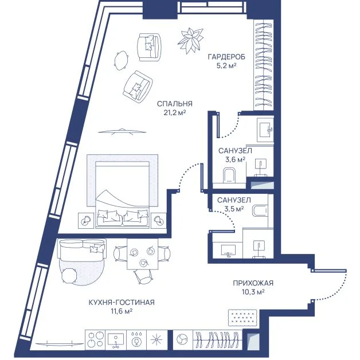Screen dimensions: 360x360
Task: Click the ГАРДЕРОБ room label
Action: [226, 57]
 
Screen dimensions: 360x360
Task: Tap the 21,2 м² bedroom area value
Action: [175, 113]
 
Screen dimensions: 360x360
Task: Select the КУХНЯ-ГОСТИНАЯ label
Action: [122, 302]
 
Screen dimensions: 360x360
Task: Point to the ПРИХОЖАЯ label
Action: [253, 283]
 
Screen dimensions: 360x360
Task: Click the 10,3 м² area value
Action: [253, 292]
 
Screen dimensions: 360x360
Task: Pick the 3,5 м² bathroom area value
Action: [234, 209]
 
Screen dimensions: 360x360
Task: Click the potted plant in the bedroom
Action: [190, 40]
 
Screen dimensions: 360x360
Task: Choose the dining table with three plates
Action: [143, 254]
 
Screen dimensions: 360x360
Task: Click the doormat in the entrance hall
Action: [242, 318]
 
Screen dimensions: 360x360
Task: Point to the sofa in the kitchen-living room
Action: [83, 250]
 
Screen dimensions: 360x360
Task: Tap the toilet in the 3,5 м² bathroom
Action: [260, 210]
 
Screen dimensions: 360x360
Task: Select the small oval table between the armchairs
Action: [121, 60]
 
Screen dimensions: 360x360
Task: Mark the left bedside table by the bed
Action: [86, 220]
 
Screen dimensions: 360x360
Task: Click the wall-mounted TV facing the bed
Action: [122, 131]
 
